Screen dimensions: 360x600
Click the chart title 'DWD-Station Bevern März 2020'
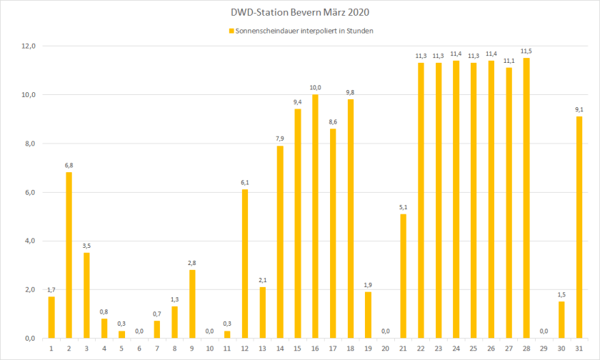300,13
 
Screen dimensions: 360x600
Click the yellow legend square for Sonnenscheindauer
231,31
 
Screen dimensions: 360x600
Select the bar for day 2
69,255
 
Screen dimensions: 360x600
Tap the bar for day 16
315,216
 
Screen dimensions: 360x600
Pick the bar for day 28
526,198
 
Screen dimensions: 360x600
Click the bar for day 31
579,227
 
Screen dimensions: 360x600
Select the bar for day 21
404,276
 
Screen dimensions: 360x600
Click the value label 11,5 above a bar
526,51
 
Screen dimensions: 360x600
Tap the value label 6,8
69,166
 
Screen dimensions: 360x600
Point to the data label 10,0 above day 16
315,88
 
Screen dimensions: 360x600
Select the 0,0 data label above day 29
544,331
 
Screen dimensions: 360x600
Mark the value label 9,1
579,110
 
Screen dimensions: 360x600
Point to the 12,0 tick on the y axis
29,46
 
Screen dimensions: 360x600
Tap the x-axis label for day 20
386,348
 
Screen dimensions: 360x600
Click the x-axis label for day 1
51,348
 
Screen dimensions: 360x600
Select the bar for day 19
368,315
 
